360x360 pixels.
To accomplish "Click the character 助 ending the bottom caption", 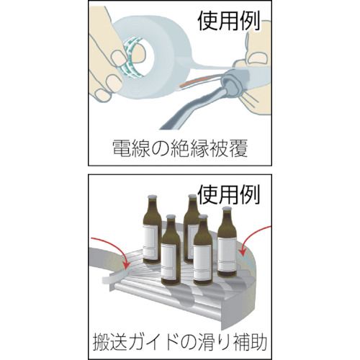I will (x=261, y=338).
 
